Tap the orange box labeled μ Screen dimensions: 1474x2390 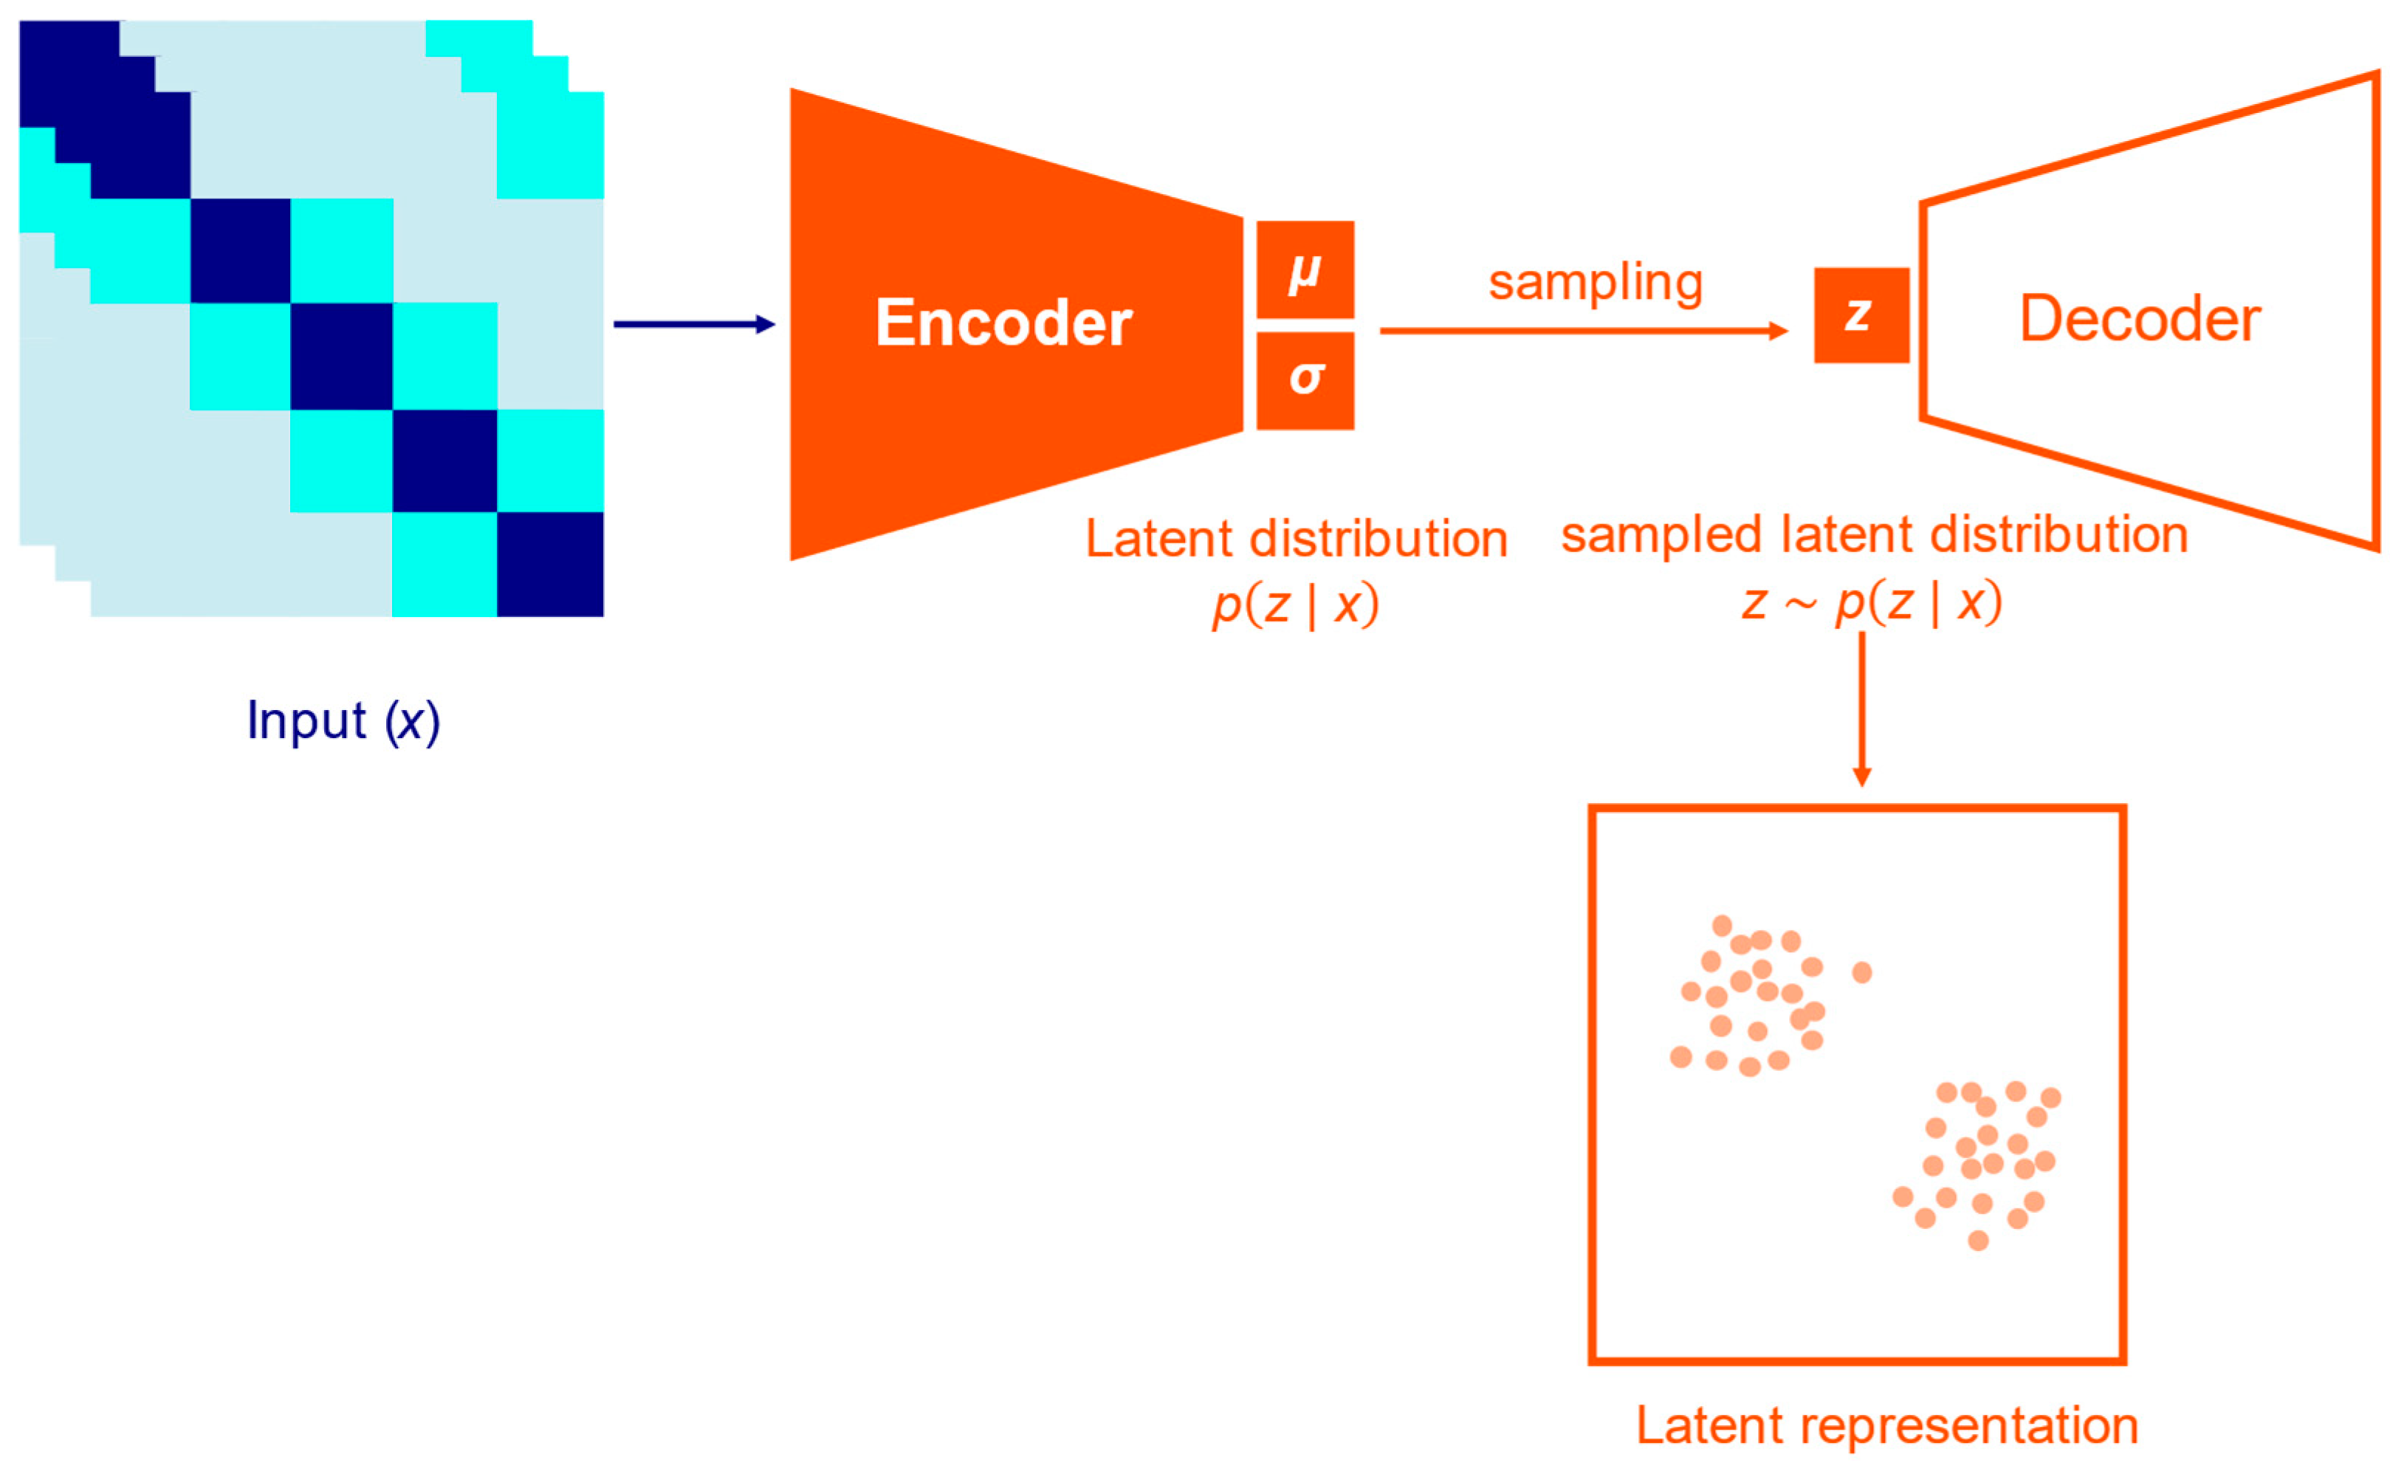pyautogui.click(x=1304, y=270)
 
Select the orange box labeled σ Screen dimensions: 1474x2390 pyautogui.click(x=1304, y=380)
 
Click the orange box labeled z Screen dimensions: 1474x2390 pyautogui.click(x=1860, y=315)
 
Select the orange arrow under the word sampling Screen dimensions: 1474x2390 pyautogui.click(x=1580, y=331)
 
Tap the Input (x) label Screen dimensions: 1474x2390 pyautogui.click(x=343, y=721)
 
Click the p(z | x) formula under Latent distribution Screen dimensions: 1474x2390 pyautogui.click(x=1295, y=605)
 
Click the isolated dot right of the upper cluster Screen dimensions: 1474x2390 pyautogui.click(x=1861, y=972)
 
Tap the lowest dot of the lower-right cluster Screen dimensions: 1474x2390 pyautogui.click(x=1977, y=1240)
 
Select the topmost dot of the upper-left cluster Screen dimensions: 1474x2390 pyautogui.click(x=1721, y=925)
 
